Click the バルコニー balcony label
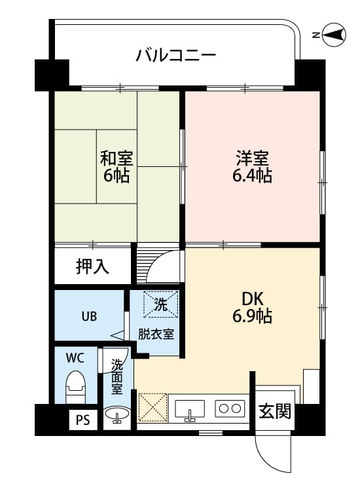[175, 55]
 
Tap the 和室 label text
[116, 158]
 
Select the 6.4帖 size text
[252, 175]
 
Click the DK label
[252, 299]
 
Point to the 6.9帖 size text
[252, 317]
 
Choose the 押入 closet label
[92, 266]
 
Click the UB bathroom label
[89, 316]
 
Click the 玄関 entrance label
[274, 413]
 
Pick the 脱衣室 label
[155, 334]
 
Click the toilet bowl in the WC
[76, 388]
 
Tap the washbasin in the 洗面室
[118, 415]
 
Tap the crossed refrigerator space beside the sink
[153, 408]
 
